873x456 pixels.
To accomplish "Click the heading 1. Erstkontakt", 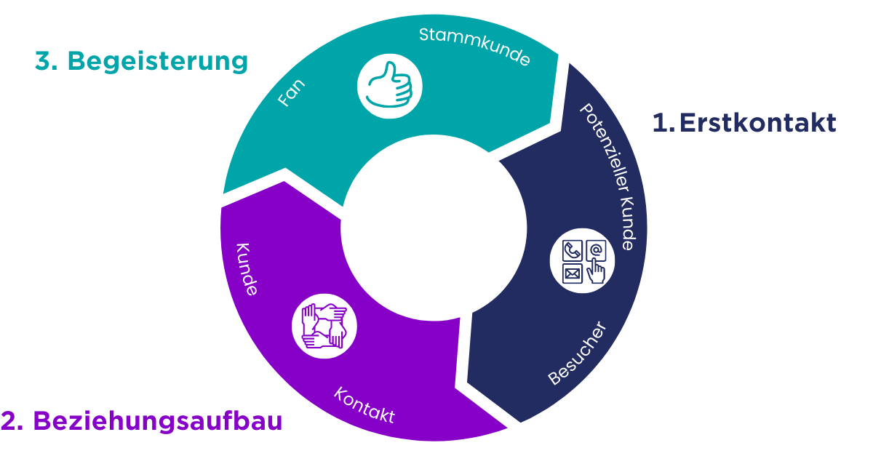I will tap(744, 123).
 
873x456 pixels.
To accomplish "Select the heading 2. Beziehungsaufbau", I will tap(141, 421).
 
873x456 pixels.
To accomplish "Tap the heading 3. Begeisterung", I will tap(141, 62).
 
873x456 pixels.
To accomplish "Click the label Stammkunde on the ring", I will tap(474, 47).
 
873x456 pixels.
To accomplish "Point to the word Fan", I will tap(292, 93).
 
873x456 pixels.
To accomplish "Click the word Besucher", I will tap(577, 353).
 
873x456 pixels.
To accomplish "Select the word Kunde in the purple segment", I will tap(246, 268).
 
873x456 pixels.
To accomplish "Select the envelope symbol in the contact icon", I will tap(572, 274).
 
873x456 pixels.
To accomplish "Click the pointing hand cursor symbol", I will tap(596, 273).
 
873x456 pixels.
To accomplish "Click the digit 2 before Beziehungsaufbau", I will tap(9, 421).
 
